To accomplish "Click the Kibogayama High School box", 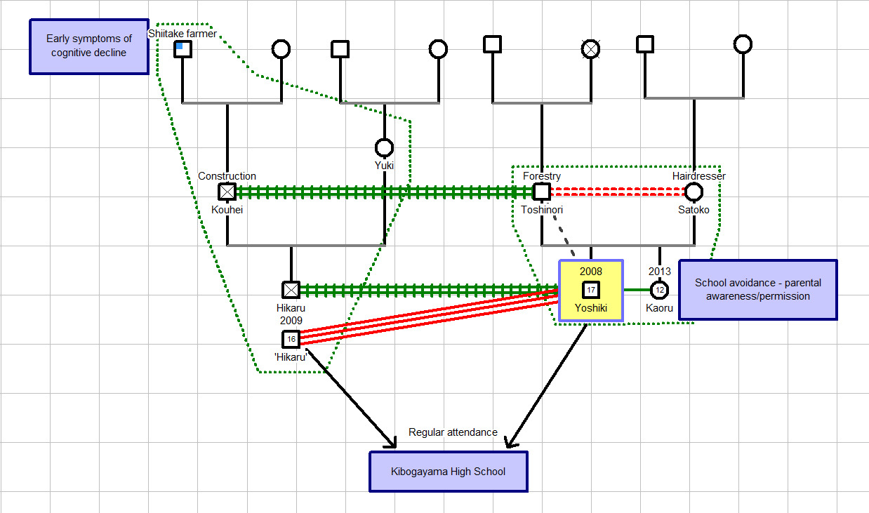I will (448, 472).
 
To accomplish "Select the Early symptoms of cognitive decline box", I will (89, 46).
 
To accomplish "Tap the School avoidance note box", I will (757, 290).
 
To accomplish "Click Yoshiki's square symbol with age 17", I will (591, 289).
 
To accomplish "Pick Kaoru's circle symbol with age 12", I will (659, 289).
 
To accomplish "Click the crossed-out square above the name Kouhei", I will (227, 192).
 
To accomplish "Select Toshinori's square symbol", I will (541, 192).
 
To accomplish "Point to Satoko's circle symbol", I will (694, 192).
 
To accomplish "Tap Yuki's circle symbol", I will (384, 147).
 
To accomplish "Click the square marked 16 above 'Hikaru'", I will (291, 340).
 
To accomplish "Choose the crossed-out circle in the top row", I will (591, 48).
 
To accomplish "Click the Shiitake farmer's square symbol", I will (183, 48).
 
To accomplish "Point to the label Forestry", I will (541, 176).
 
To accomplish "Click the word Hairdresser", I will (698, 176).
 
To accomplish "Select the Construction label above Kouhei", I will (227, 176).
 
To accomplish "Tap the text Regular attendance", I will (453, 432).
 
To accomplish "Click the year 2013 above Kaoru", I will (659, 272).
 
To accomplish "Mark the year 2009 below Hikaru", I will (291, 320).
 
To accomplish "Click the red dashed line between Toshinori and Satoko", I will (618, 192).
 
